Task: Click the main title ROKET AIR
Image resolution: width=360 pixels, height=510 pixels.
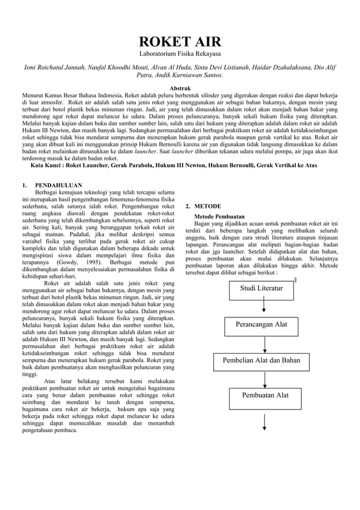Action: click(x=180, y=43)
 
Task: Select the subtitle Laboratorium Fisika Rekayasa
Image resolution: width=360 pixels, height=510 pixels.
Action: click(x=180, y=56)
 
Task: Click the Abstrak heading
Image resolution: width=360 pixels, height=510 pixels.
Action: click(x=180, y=88)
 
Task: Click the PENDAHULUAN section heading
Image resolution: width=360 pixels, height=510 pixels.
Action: click(x=59, y=185)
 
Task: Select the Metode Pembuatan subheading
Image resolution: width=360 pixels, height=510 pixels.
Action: click(x=219, y=216)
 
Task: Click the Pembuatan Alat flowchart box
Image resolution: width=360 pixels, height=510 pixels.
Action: click(x=265, y=395)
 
